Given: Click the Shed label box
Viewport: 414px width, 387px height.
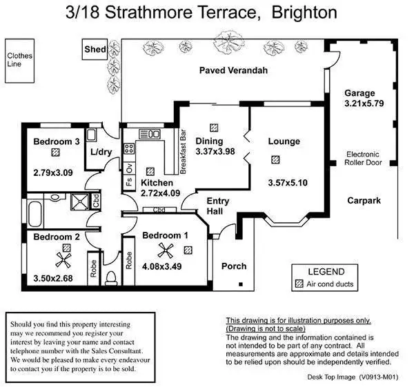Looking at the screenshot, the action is (x=94, y=50).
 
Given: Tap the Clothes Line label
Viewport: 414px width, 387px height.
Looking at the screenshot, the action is (x=16, y=60).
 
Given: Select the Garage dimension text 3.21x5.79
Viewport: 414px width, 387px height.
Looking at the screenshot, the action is (x=359, y=103).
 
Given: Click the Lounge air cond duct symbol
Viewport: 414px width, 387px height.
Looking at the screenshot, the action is (x=276, y=159).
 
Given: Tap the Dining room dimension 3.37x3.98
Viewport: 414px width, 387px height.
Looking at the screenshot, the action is (x=215, y=151).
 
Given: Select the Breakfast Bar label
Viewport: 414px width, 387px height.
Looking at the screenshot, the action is (x=184, y=146).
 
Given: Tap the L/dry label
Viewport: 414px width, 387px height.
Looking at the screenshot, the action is (x=101, y=152).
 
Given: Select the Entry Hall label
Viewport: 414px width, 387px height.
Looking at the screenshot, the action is (x=218, y=206).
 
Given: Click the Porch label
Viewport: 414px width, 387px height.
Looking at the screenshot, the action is (x=234, y=266).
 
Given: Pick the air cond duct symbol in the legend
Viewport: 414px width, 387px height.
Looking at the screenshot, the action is (x=299, y=284).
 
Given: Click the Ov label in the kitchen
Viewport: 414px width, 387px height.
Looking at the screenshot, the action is (x=128, y=168).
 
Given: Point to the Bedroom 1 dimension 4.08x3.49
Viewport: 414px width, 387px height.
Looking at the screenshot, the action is (x=161, y=266).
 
